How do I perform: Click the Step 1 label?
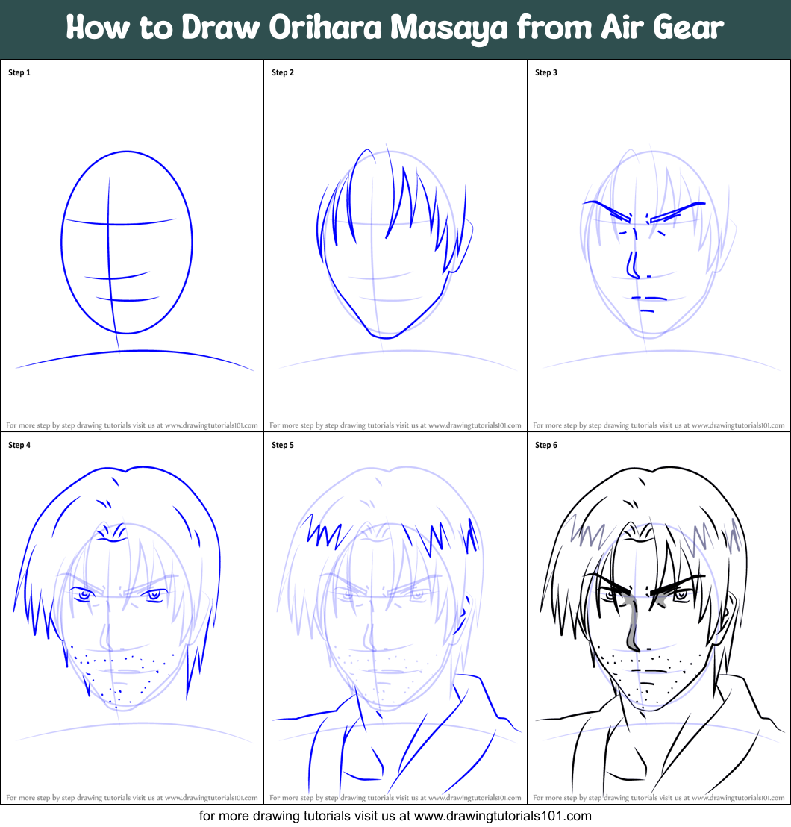19,73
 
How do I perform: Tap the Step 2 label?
283,73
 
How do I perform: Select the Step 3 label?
546,73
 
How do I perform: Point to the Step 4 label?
19,446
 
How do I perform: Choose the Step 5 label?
283,446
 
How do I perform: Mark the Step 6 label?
546,446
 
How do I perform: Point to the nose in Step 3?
633,266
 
